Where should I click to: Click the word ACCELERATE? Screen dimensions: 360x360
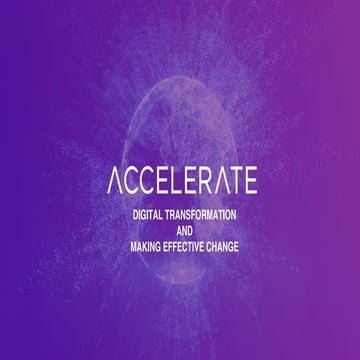(181, 181)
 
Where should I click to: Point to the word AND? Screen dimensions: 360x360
(181, 231)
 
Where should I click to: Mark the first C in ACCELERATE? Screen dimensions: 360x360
(131, 181)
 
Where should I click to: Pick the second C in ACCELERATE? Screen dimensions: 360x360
(145, 181)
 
